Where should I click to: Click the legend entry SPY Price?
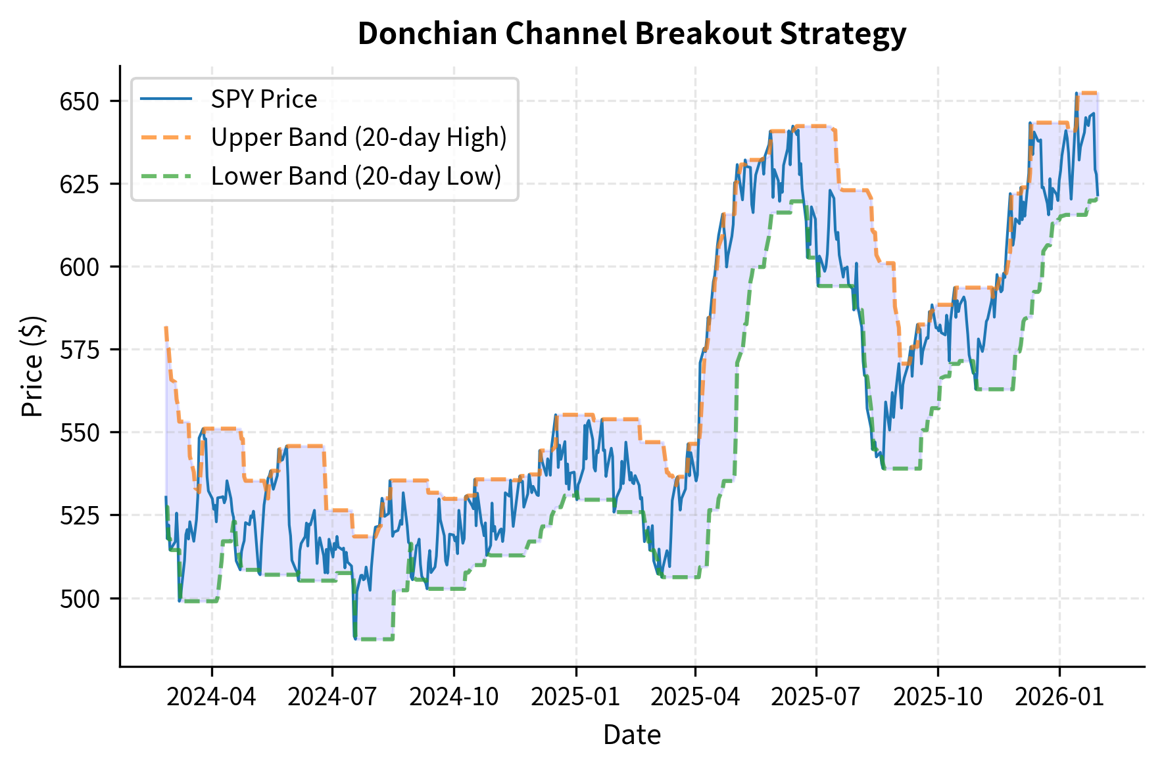pyautogui.click(x=264, y=99)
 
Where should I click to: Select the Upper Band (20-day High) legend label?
pyautogui.click(x=358, y=137)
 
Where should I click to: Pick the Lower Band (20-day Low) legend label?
pyautogui.click(x=356, y=176)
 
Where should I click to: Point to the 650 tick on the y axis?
pyautogui.click(x=79, y=102)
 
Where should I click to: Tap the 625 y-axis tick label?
pyautogui.click(x=79, y=185)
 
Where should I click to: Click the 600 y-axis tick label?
pyautogui.click(x=79, y=268)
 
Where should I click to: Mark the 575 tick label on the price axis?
pyautogui.click(x=79, y=350)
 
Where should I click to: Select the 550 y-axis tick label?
pyautogui.click(x=79, y=433)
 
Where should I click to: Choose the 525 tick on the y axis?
pyautogui.click(x=79, y=516)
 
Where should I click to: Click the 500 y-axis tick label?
pyautogui.click(x=79, y=599)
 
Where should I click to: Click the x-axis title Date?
pyautogui.click(x=631, y=735)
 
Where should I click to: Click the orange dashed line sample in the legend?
pyautogui.click(x=166, y=137)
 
